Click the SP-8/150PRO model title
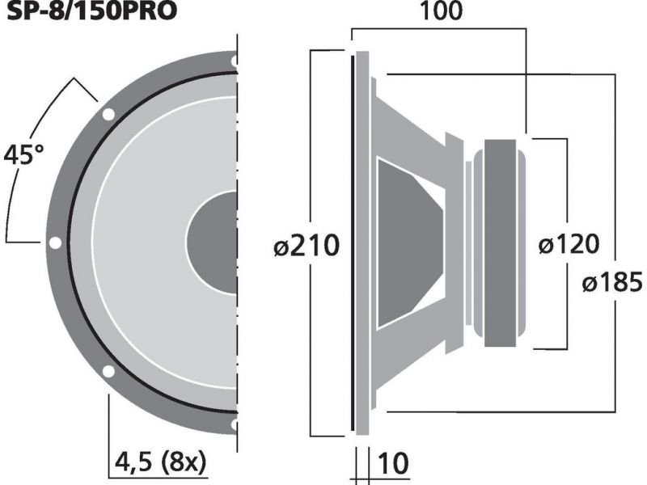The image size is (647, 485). [91, 11]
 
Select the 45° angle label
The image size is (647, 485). [23, 154]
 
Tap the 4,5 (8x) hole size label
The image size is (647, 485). [160, 462]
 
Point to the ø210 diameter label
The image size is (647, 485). [307, 246]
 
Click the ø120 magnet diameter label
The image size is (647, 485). [569, 244]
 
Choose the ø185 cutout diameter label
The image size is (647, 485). [612, 282]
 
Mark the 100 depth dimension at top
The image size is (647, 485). [441, 11]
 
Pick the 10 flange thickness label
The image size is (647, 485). [393, 463]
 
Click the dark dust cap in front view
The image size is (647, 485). [213, 242]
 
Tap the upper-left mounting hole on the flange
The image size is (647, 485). [108, 114]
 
